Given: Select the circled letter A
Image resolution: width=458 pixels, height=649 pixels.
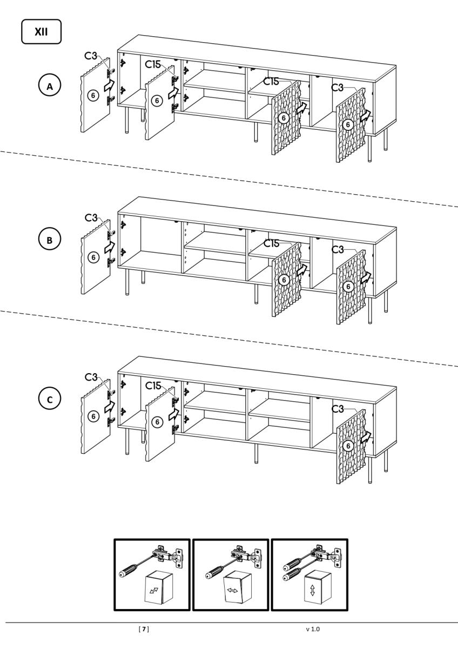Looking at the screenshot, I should (x=50, y=85).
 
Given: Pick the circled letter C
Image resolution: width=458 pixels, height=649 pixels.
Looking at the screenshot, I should (x=50, y=400).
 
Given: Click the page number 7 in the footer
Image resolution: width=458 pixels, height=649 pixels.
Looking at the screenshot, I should (x=144, y=629).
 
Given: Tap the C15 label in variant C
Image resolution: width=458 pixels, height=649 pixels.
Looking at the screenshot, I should (x=153, y=386).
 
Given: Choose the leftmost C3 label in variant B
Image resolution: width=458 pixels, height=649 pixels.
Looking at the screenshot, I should (x=91, y=217).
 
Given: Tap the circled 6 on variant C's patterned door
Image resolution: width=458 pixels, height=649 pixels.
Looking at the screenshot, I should (x=348, y=446).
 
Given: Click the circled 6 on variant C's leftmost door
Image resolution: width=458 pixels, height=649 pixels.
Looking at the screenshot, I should (x=93, y=416).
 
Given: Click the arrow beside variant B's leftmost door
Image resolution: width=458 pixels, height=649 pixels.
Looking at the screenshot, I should (x=110, y=247).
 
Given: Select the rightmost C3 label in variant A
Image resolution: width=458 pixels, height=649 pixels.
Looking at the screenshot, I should (x=337, y=87).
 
